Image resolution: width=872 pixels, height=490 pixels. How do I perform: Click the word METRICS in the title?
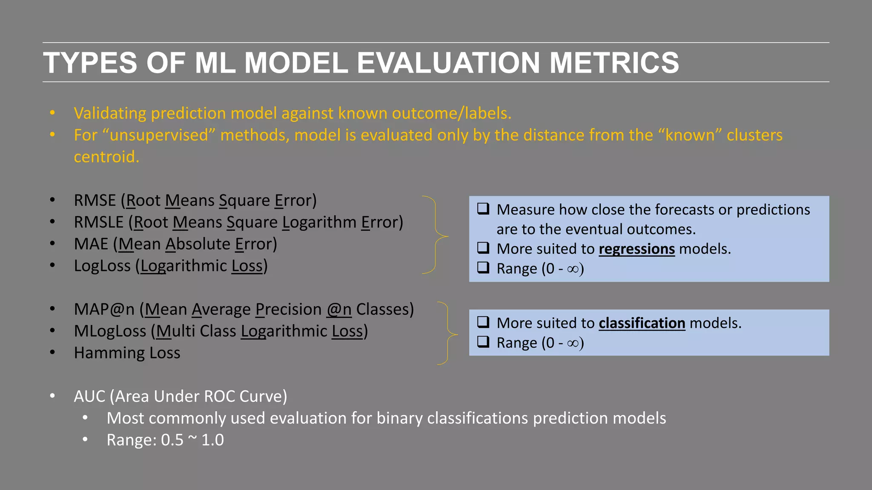pos(614,63)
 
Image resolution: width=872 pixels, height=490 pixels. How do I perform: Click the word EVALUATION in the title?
pos(448,63)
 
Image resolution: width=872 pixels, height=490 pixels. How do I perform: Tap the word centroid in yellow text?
pos(106,157)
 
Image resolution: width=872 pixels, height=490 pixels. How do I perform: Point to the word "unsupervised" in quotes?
pos(159,135)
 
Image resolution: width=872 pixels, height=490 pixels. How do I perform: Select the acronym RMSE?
pos(95,200)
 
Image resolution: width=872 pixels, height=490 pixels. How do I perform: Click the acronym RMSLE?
pos(98,222)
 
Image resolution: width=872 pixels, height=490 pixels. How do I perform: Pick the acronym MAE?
pos(91,244)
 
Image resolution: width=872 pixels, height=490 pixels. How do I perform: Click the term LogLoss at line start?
pos(102,266)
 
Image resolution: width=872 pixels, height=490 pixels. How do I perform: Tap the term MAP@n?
pos(104,309)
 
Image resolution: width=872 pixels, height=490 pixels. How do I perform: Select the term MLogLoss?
pos(110,331)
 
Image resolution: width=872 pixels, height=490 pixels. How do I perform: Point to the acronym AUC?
pos(89,396)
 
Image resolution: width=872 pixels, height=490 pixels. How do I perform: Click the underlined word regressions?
pos(637,249)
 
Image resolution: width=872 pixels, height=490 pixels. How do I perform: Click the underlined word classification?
pos(642,323)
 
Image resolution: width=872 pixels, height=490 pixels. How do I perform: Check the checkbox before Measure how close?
pos(483,209)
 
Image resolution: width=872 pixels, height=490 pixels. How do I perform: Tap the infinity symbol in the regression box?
pos(573,269)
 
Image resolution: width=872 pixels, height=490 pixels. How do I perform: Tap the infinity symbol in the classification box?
pos(573,343)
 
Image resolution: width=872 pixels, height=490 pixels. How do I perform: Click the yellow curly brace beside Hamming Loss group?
pos(447,333)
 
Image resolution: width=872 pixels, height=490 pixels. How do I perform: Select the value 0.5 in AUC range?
pos(172,440)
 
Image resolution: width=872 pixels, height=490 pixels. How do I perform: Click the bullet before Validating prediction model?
pos(52,113)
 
